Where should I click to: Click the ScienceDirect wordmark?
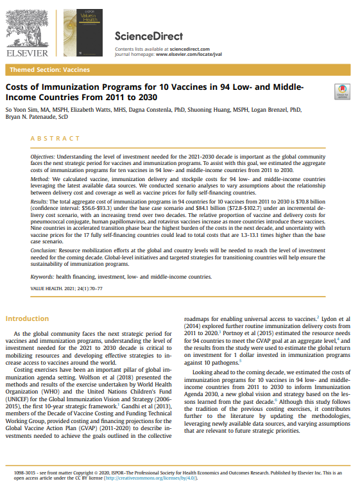[x=148, y=37]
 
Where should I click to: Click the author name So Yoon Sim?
[x=22, y=110]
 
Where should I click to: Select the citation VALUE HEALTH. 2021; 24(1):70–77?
[x=66, y=307]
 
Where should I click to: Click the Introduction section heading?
[x=27, y=318]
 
